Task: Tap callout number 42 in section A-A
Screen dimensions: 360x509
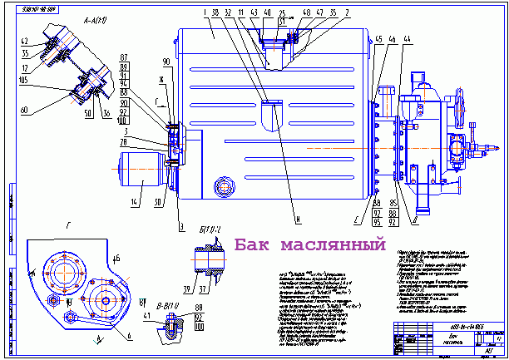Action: pyautogui.click(x=24, y=42)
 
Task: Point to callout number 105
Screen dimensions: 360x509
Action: pyautogui.click(x=24, y=81)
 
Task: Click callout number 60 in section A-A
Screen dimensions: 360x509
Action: pyautogui.click(x=22, y=109)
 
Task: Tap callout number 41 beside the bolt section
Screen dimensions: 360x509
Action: pyautogui.click(x=146, y=316)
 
